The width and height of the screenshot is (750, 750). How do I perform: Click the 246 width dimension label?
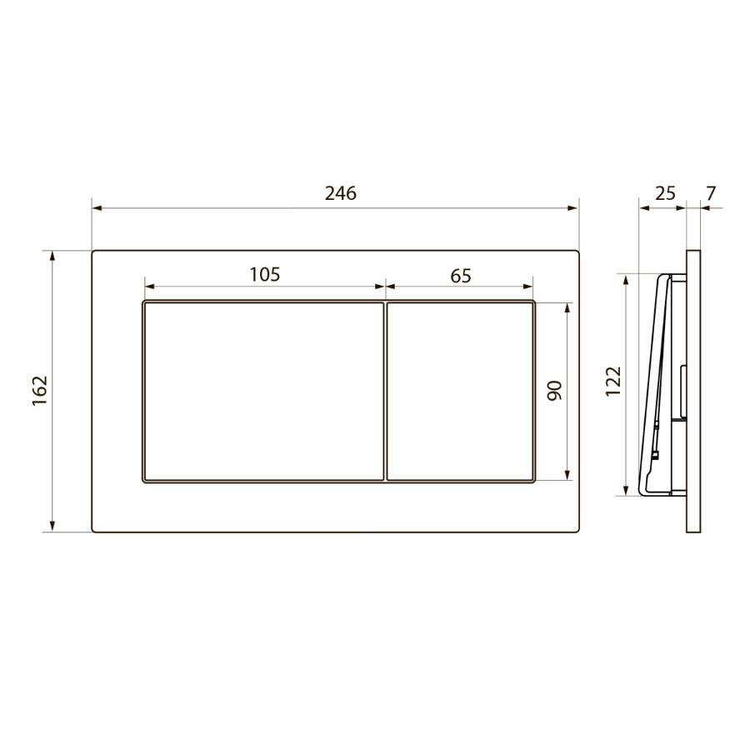tap(341, 193)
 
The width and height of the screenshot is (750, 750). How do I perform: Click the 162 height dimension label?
tap(40, 390)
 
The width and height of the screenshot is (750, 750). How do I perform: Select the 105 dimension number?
tap(265, 274)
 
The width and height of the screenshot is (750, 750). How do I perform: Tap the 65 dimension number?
tap(461, 276)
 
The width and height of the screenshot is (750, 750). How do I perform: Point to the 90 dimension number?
tap(554, 390)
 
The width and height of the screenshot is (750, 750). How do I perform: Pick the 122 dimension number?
tap(612, 381)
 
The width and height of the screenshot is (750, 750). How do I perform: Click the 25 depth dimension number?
tap(665, 193)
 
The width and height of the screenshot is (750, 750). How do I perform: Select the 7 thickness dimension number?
tap(711, 193)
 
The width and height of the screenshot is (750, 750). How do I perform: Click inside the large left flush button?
tap(263, 392)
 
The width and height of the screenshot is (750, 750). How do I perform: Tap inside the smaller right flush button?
tap(460, 392)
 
